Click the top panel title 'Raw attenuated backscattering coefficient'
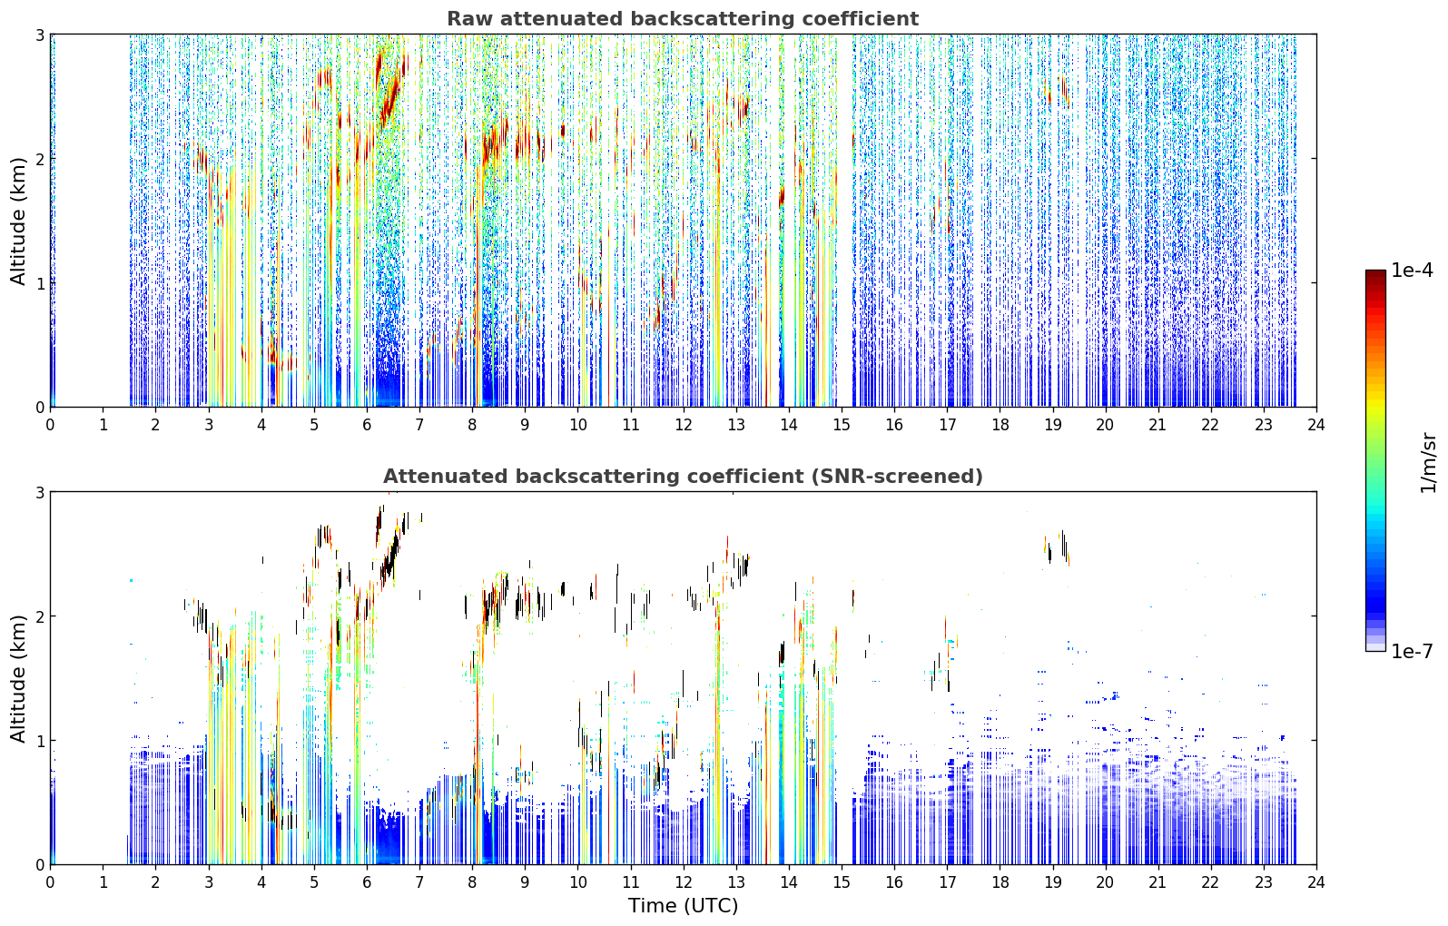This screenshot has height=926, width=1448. pyautogui.click(x=683, y=19)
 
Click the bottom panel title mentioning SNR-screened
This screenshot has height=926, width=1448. pyautogui.click(x=683, y=477)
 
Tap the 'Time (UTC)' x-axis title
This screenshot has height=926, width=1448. pyautogui.click(x=683, y=906)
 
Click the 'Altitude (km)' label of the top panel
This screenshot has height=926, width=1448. pyautogui.click(x=18, y=221)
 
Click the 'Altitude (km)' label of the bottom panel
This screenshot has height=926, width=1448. pyautogui.click(x=18, y=678)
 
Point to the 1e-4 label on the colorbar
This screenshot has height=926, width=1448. pyautogui.click(x=1412, y=271)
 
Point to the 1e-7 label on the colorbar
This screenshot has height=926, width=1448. pyautogui.click(x=1412, y=651)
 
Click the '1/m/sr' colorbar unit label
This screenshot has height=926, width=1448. pyautogui.click(x=1428, y=464)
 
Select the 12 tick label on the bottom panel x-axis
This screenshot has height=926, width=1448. pyautogui.click(x=684, y=882)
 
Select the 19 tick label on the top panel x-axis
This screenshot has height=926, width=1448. pyautogui.click(x=1052, y=425)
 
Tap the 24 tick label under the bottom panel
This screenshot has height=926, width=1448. pyautogui.click(x=1316, y=882)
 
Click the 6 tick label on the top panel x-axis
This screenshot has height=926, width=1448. pyautogui.click(x=367, y=425)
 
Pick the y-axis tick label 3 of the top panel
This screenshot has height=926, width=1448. pyautogui.click(x=39, y=34)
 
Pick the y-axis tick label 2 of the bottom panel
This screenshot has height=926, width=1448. pyautogui.click(x=39, y=616)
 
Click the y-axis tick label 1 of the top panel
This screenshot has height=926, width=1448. pyautogui.click(x=39, y=283)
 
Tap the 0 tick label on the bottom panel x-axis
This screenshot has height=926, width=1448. pyautogui.click(x=51, y=882)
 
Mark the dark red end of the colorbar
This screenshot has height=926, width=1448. pyautogui.click(x=1375, y=274)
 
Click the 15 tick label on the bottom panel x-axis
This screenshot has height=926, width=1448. pyautogui.click(x=842, y=882)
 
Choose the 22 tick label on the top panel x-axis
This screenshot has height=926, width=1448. pyautogui.click(x=1211, y=425)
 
